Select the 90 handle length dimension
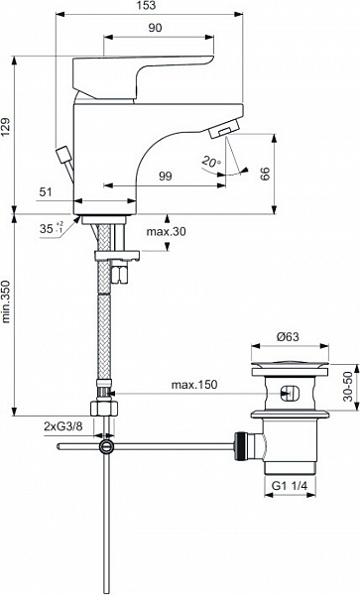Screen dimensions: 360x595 155,28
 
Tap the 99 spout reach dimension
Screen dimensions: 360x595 165,177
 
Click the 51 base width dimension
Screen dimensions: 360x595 46,192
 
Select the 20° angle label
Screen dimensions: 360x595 211,162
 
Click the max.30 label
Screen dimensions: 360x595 167,231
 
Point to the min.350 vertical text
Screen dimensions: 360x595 6,302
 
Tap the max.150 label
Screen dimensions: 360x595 194,385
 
